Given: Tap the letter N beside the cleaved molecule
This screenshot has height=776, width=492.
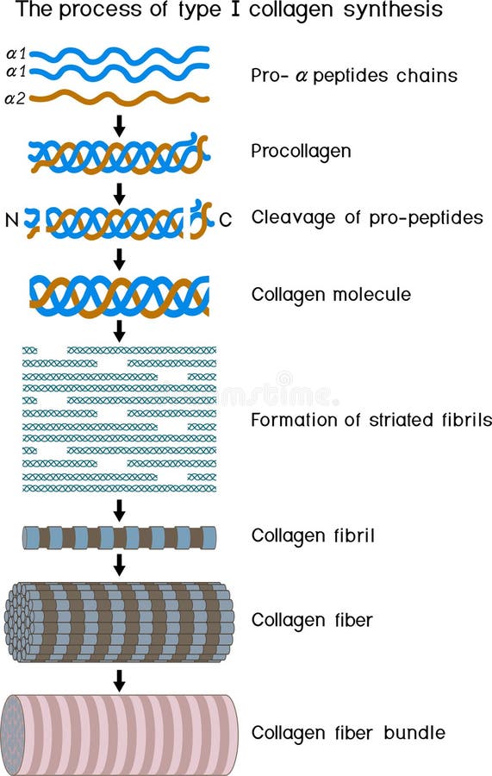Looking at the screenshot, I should [x=11, y=220].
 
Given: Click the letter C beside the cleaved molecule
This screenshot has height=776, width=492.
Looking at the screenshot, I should [x=225, y=220].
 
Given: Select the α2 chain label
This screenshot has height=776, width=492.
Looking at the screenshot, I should [x=16, y=98].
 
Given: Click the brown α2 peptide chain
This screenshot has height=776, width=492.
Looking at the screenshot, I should [x=121, y=97].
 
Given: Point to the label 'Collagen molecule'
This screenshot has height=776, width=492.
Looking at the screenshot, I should [x=331, y=294].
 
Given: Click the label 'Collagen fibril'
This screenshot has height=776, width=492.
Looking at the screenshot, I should [x=313, y=535].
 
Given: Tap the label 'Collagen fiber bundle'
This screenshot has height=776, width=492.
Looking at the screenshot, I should [x=348, y=733].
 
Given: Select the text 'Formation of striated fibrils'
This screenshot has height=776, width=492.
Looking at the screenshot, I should [x=371, y=420].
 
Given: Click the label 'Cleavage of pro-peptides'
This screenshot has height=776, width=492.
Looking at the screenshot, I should [x=367, y=217].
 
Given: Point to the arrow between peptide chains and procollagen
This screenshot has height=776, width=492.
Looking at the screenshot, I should [x=120, y=125].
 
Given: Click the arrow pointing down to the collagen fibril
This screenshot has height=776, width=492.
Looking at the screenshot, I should [x=120, y=510].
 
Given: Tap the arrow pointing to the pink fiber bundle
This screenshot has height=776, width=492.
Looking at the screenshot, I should [x=120, y=679].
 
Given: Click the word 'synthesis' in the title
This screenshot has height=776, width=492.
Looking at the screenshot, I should [x=392, y=11].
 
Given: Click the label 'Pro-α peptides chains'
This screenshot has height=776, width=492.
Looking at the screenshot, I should [x=354, y=75].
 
